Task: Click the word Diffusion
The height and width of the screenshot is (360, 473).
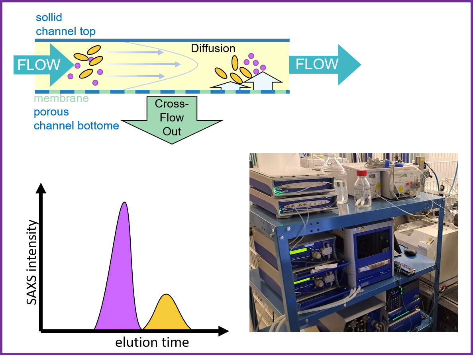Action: click(213, 49)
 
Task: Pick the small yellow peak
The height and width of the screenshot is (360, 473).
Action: click(167, 315)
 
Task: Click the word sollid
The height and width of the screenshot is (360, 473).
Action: click(49, 18)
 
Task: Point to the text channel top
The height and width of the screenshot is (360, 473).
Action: click(66, 31)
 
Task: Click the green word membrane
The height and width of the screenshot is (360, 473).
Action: click(61, 98)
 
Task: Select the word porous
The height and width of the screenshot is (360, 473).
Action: click(51, 112)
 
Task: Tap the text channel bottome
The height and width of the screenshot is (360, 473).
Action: click(76, 126)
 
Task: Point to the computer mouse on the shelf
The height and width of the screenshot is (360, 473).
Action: click(410, 252)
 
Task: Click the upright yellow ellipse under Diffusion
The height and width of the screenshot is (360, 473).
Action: click(235, 63)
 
